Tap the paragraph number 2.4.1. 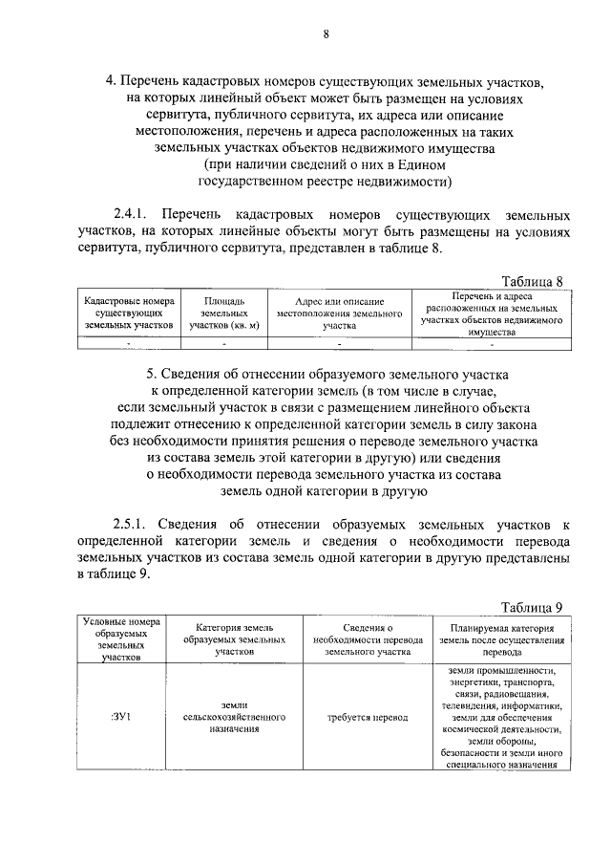(132, 211)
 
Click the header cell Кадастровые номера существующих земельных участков (129, 313)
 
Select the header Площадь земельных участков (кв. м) (224, 313)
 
